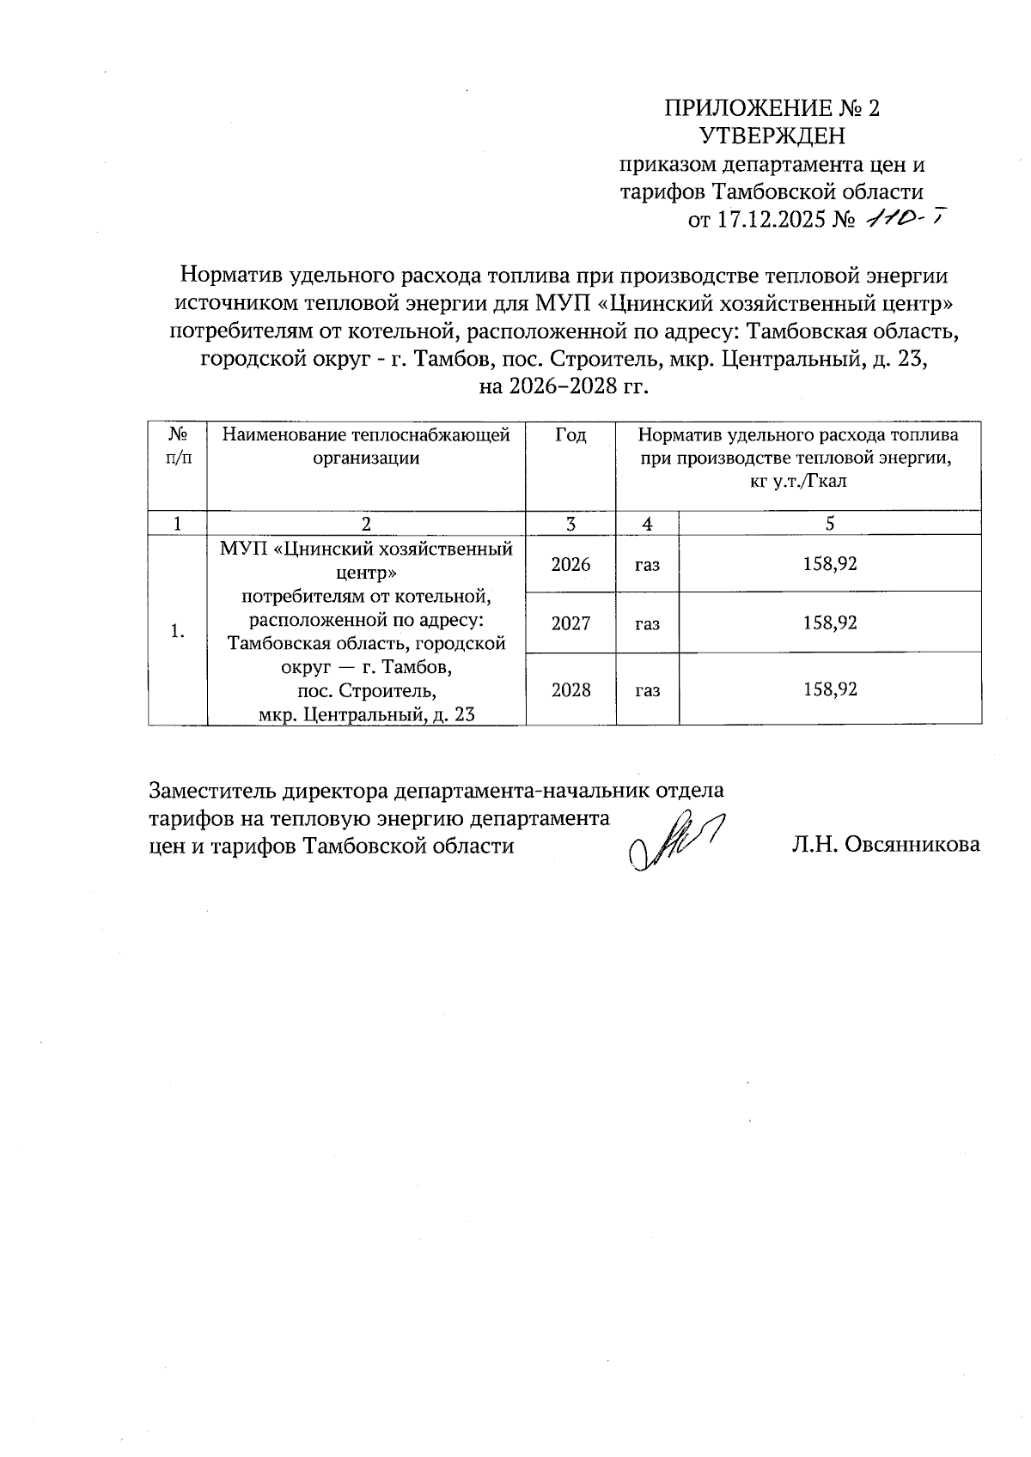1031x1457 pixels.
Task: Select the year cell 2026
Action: (570, 564)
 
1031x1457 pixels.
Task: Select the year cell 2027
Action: (570, 623)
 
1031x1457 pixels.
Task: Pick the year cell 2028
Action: (570, 689)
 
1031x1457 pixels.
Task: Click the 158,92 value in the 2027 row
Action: (829, 623)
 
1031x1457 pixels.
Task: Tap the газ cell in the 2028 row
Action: (647, 689)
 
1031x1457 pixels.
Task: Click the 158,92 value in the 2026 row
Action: (829, 564)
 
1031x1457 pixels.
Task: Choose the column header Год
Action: (570, 435)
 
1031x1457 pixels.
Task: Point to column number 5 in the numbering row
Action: (829, 524)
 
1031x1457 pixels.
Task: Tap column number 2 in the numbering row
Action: (366, 524)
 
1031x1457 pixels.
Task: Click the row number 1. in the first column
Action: (177, 632)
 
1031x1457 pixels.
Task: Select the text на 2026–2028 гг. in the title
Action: (563, 385)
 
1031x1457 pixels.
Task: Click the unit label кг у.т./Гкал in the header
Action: (797, 481)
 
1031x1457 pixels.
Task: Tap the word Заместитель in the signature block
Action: (203, 789)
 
